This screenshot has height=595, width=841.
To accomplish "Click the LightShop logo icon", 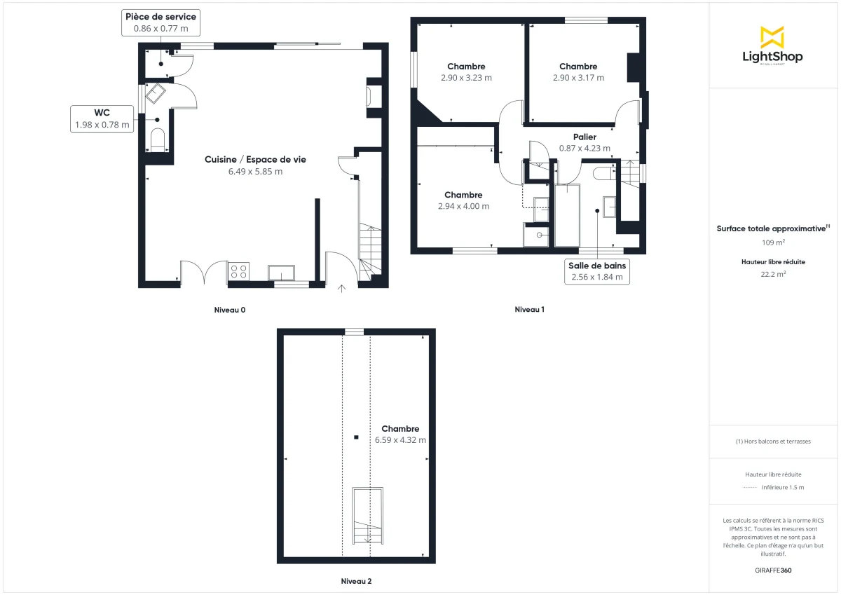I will (x=772, y=37).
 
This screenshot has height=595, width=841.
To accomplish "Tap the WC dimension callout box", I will (x=102, y=119).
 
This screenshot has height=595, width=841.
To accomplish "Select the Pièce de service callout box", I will (x=160, y=22).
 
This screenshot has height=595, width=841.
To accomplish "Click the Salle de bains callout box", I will (x=596, y=271).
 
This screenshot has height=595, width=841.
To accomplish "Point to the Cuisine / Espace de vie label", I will (x=255, y=160).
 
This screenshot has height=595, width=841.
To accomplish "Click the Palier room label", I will (x=584, y=137).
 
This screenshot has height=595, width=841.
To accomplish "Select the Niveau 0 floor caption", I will (x=230, y=310).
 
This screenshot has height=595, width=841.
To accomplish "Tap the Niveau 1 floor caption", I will (x=530, y=309).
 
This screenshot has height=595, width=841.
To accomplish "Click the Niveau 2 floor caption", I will (x=356, y=581).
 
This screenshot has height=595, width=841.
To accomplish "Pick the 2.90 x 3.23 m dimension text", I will (x=466, y=78).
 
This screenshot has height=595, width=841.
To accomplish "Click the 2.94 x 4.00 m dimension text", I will (x=463, y=206).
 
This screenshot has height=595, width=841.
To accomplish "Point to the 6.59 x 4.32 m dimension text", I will (x=400, y=440).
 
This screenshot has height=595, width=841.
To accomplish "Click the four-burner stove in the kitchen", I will (x=238, y=271).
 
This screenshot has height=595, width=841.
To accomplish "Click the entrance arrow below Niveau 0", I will (x=342, y=287).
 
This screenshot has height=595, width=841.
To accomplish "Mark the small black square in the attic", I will (x=356, y=437).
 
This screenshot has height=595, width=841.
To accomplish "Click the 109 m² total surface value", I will (x=773, y=242).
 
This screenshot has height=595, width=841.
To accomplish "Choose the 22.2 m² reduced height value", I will (x=773, y=275).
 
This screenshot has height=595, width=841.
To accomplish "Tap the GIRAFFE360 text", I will (x=773, y=570).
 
